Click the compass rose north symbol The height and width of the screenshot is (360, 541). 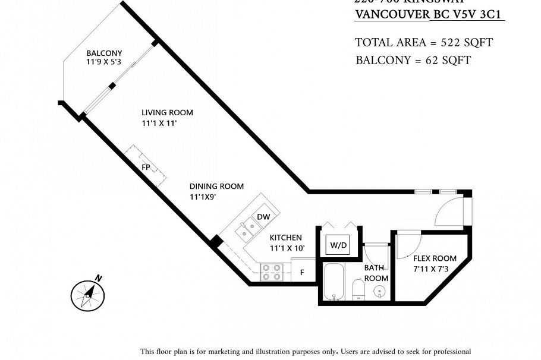(x=88, y=293)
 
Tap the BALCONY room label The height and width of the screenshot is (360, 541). (x=104, y=53)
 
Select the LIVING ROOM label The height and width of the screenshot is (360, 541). (x=167, y=112)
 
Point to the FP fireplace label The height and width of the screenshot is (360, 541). (x=146, y=167)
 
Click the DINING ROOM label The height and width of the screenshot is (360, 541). (x=216, y=186)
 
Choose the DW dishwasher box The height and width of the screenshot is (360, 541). (x=263, y=217)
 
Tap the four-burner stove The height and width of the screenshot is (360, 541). (x=272, y=272)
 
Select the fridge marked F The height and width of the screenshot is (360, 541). (x=302, y=273)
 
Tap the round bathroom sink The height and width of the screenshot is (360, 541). (x=380, y=291)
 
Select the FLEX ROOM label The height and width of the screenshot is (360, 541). (x=435, y=258)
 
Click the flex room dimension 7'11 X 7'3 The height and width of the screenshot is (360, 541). (x=435, y=269)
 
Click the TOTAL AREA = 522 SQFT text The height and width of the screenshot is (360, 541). (x=423, y=42)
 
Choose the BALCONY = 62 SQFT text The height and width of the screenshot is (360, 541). (x=413, y=60)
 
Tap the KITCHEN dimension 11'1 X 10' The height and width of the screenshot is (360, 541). (x=287, y=248)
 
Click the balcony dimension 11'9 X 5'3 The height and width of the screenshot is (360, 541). (x=104, y=62)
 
